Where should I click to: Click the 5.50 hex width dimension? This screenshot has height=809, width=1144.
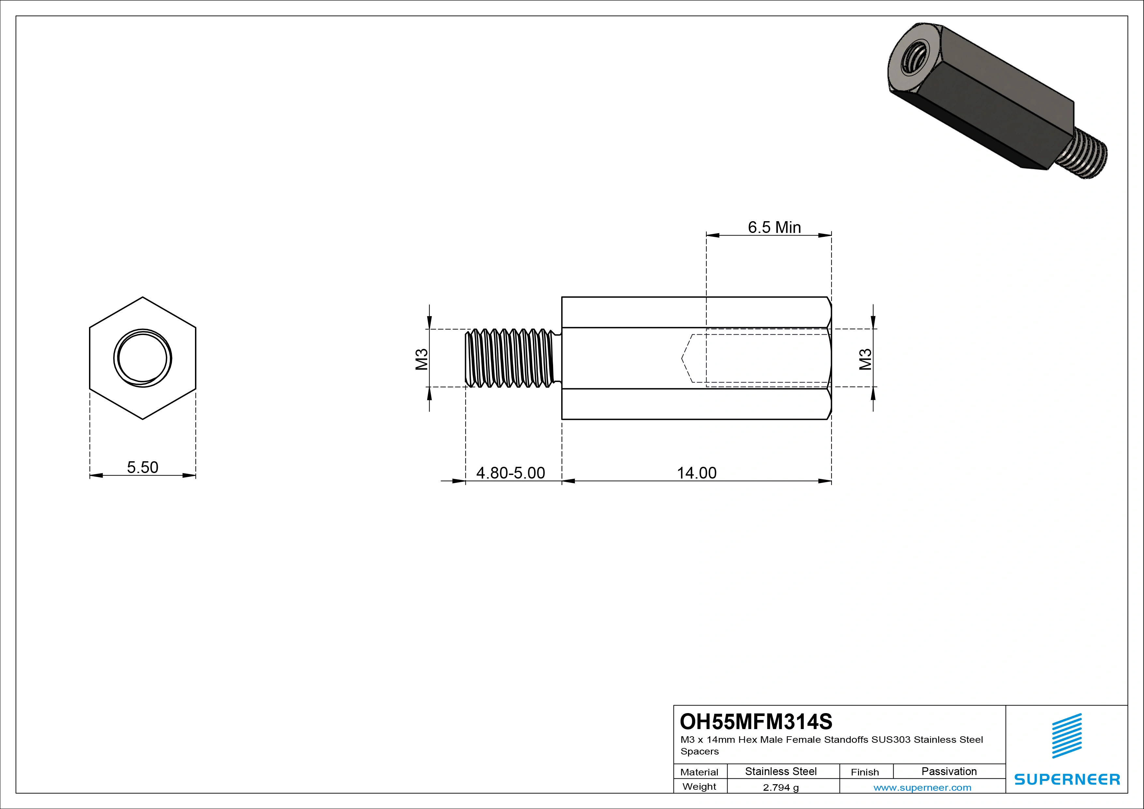click(x=143, y=467)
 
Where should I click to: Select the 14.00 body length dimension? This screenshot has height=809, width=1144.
click(x=697, y=473)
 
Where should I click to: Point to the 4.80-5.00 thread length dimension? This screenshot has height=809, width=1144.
click(x=511, y=473)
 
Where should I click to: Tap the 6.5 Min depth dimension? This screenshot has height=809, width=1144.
click(x=774, y=227)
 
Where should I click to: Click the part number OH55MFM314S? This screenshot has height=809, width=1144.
click(x=756, y=721)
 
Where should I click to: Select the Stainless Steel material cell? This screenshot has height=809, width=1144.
click(x=781, y=771)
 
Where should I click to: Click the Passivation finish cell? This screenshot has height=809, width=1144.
click(x=949, y=771)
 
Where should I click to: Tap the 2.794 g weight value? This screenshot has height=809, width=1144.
click(x=781, y=787)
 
